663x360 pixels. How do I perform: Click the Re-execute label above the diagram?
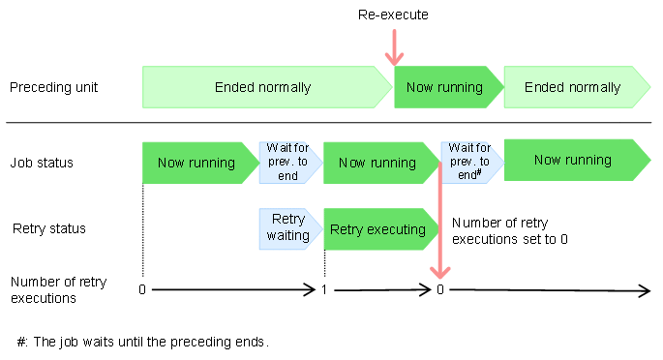tap(392, 15)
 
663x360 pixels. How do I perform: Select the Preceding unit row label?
tap(53, 87)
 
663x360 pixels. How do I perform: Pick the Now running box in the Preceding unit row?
tap(445, 87)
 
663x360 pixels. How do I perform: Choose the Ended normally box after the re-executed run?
tap(573, 87)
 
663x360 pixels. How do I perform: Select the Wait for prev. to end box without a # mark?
tap(287, 162)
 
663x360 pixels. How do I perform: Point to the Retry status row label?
tap(49, 229)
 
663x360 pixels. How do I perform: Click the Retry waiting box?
tap(287, 228)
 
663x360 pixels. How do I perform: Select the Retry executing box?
tap(377, 229)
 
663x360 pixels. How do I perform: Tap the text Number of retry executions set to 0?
tap(509, 229)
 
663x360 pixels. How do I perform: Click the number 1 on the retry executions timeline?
tap(324, 289)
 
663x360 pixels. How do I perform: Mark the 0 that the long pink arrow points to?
tap(440, 289)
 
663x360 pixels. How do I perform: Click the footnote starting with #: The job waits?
tap(142, 342)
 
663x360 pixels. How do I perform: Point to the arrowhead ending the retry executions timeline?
tap(644, 289)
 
